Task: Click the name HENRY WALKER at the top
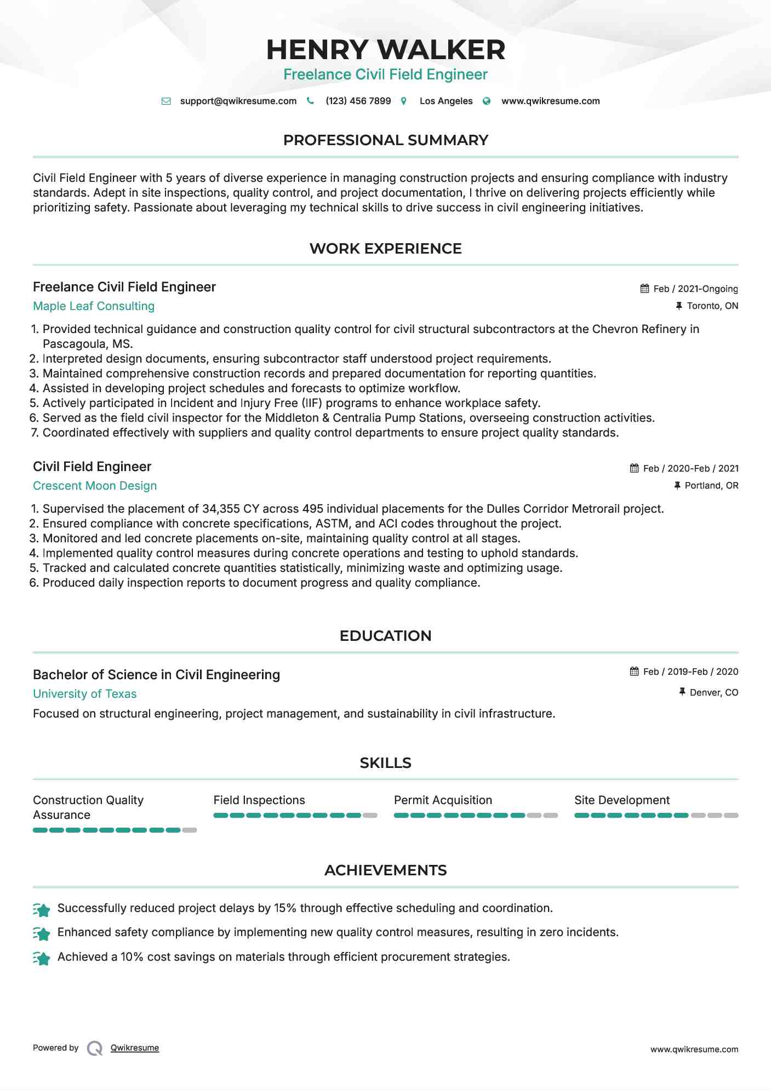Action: (385, 50)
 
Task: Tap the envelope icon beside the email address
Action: (166, 101)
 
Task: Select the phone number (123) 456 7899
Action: (358, 101)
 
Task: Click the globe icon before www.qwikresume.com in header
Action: (487, 101)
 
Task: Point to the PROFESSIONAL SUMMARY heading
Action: (385, 140)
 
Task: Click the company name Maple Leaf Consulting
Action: (94, 306)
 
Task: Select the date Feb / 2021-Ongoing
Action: (695, 289)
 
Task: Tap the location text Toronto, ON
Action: (712, 306)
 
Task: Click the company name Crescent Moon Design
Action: (95, 486)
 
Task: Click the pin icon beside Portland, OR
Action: (677, 485)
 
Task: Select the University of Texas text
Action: (85, 694)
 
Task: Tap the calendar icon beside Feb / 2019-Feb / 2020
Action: (635, 672)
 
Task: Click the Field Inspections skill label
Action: (259, 800)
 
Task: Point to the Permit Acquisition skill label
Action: (443, 800)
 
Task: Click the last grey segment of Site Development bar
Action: (731, 816)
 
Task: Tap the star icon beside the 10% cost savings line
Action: (42, 957)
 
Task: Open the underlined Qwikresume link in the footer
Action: (135, 1048)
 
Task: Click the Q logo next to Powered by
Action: (95, 1048)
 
